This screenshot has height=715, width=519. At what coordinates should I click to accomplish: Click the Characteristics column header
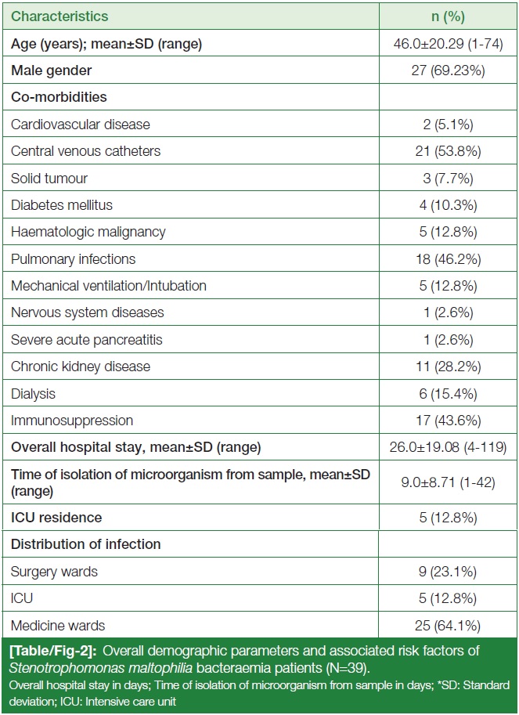tap(59, 16)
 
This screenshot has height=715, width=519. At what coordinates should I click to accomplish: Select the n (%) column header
tap(448, 16)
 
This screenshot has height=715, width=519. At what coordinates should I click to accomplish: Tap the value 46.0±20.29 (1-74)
tap(448, 44)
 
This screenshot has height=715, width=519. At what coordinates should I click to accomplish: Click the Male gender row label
tap(51, 70)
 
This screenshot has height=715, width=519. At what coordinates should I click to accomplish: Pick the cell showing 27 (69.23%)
tap(448, 70)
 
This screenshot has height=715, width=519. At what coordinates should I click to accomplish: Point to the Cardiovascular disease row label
tap(80, 124)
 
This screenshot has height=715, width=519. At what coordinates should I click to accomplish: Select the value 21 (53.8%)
tap(448, 151)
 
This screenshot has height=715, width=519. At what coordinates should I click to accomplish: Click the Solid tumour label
tap(49, 178)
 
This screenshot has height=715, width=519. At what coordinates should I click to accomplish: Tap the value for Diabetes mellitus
tap(448, 204)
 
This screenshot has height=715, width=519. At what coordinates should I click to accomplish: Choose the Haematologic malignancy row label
tap(88, 232)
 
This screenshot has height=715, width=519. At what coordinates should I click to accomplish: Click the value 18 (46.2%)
tap(448, 259)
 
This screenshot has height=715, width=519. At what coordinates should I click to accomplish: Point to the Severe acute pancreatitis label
tap(87, 340)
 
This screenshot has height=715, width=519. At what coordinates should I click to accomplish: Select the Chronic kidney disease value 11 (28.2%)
tap(448, 367)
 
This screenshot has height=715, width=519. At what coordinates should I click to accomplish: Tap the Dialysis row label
tap(33, 393)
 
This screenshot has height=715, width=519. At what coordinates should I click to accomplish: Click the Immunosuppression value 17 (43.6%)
tap(448, 420)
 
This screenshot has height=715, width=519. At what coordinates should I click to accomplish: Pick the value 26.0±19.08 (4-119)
tap(448, 447)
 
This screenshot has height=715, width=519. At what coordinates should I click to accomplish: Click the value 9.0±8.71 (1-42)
tap(448, 482)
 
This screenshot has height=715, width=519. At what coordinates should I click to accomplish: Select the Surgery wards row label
tap(54, 572)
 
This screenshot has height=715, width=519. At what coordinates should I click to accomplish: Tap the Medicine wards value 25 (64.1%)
tap(448, 625)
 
